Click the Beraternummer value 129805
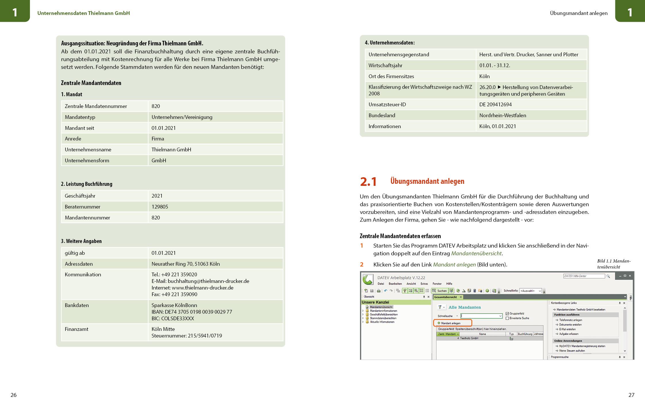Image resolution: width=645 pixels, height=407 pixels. click(160, 207)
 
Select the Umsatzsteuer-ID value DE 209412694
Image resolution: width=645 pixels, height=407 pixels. click(496, 105)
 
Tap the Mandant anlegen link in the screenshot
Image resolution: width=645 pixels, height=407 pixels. click(450, 323)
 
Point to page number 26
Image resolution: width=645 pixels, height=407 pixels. click(14, 395)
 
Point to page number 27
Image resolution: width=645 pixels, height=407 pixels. click(631, 395)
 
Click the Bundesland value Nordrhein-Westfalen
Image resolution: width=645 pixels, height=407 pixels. click(503, 115)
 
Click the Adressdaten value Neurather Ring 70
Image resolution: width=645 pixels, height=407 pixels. click(185, 264)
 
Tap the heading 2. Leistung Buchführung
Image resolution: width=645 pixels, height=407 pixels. click(87, 184)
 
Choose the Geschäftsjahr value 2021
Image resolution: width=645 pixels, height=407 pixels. click(157, 196)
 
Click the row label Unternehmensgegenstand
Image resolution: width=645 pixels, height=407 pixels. click(399, 55)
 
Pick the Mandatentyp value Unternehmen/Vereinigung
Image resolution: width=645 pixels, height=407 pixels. click(182, 117)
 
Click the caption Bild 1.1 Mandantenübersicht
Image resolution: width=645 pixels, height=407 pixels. click(614, 264)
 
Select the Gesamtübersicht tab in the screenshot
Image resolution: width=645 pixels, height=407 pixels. click(446, 297)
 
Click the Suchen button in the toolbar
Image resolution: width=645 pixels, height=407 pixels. click(439, 291)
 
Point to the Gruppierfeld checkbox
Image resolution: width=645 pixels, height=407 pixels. click(507, 314)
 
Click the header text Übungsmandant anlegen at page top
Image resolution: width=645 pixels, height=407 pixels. click(579, 13)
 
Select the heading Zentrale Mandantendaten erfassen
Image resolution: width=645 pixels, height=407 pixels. click(400, 236)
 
